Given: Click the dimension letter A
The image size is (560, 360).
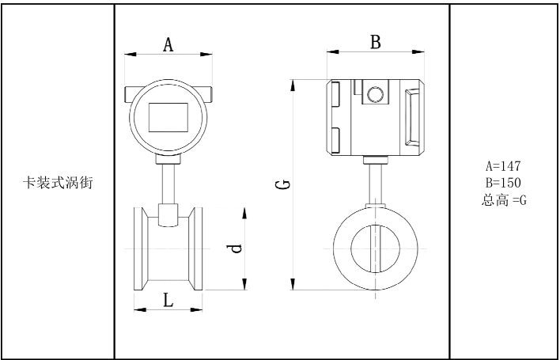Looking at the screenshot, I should pyautogui.click(x=168, y=44).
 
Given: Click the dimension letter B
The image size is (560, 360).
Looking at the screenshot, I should pyautogui.click(x=376, y=42).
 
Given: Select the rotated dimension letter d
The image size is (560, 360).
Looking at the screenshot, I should pyautogui.click(x=234, y=248).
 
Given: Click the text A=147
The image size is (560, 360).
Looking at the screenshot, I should pyautogui.click(x=503, y=167).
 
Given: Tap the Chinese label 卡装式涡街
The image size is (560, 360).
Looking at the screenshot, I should pyautogui.click(x=58, y=183).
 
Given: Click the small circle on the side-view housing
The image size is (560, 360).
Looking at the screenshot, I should pyautogui.click(x=376, y=96).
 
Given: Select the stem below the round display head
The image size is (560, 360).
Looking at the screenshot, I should pyautogui.click(x=168, y=183).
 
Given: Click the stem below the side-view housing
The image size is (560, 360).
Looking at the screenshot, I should pyautogui.click(x=376, y=182).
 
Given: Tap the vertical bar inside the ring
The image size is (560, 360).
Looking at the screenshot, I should pyautogui.click(x=376, y=248).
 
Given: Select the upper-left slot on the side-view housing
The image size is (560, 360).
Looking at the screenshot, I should pyautogui.click(x=335, y=94).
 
